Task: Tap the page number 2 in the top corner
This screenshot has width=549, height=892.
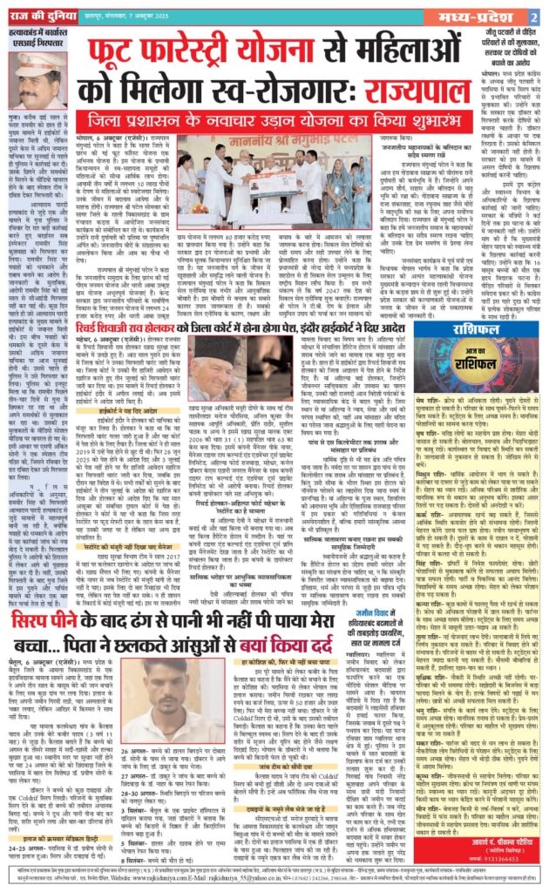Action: pos(531,17)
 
